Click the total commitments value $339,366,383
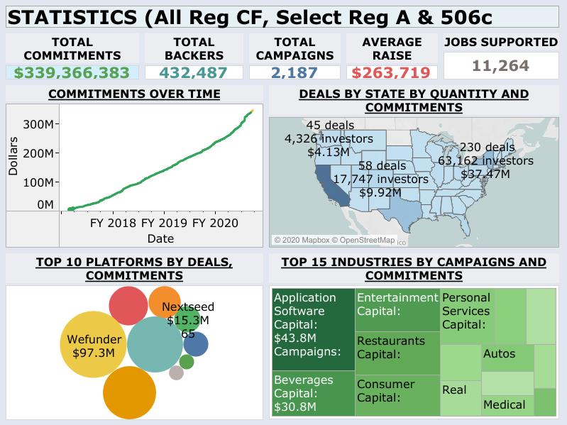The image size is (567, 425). pos(72,72)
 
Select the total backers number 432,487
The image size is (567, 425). pos(193,72)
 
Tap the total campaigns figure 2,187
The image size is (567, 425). pos(294,72)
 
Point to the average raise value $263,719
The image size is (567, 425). pos(391,72)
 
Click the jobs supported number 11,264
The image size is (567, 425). pos(500,67)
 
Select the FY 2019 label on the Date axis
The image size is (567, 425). pos(165,222)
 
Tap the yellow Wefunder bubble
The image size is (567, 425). pos(94,345)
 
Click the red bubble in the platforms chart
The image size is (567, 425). pos(128,307)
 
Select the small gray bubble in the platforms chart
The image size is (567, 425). pos(177,372)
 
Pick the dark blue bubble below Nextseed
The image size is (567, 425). pos(195,344)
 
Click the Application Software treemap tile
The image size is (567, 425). pos(312,329)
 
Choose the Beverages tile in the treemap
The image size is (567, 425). pos(312,394)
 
